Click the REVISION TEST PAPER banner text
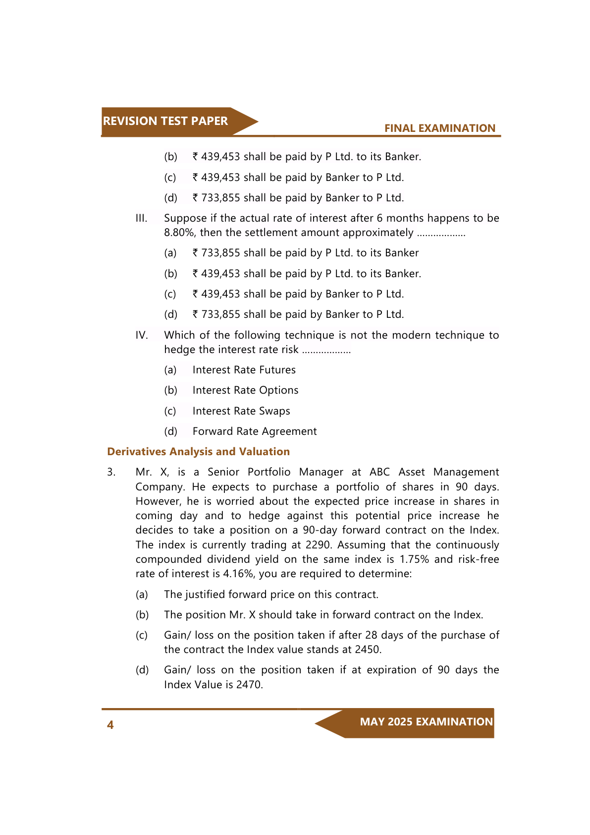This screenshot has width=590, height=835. pos(165,121)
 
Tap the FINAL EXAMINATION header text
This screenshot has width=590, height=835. pos(439,128)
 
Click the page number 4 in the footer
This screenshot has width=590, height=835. pos(110,725)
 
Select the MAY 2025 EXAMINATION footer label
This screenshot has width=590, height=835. pos(426,722)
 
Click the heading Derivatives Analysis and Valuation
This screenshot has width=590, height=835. pos(198,452)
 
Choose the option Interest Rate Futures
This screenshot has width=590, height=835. pos(244,370)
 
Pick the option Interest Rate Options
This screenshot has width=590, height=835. pos(245,390)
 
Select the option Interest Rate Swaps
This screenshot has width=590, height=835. pos(241,411)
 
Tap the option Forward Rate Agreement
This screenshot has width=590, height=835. pos(255,431)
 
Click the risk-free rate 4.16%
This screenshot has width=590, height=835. pos(238,574)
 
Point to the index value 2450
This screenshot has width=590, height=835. pos(367,650)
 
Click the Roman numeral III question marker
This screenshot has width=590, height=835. pos(141,218)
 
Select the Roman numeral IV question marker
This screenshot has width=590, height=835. pos(142,335)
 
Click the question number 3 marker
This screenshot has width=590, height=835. pos(111,472)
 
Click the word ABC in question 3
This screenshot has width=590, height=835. pos(379,472)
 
